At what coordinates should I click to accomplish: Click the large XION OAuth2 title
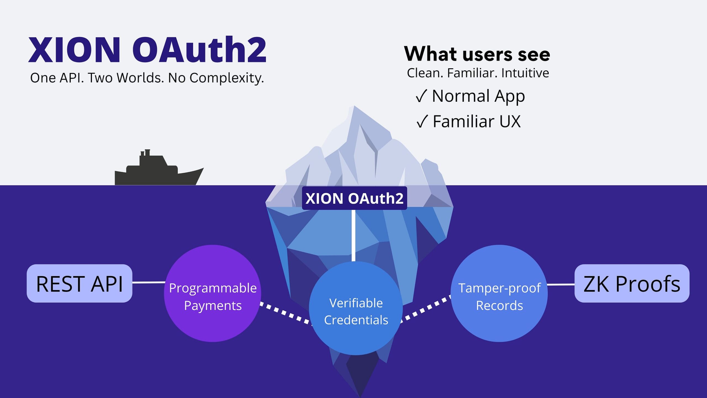click(x=147, y=50)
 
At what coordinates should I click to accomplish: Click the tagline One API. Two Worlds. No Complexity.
click(x=147, y=78)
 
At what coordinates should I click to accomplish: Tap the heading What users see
click(x=477, y=54)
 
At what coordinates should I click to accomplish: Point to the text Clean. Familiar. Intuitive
click(x=478, y=73)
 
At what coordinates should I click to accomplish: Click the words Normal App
click(x=478, y=96)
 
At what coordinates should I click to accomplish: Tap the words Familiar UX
click(x=477, y=121)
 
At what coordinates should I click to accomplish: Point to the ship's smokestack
click(x=147, y=153)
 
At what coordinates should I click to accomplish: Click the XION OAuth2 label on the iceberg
click(x=354, y=198)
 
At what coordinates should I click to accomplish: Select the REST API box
click(x=80, y=283)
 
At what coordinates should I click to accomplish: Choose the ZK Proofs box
click(x=632, y=283)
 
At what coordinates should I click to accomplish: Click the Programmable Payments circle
click(x=213, y=293)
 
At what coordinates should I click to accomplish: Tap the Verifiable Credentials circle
click(x=356, y=308)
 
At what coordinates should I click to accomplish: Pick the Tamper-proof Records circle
click(x=499, y=293)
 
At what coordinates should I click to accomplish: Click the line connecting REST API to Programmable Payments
click(x=149, y=282)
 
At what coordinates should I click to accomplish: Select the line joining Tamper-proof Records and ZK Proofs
click(x=561, y=284)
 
